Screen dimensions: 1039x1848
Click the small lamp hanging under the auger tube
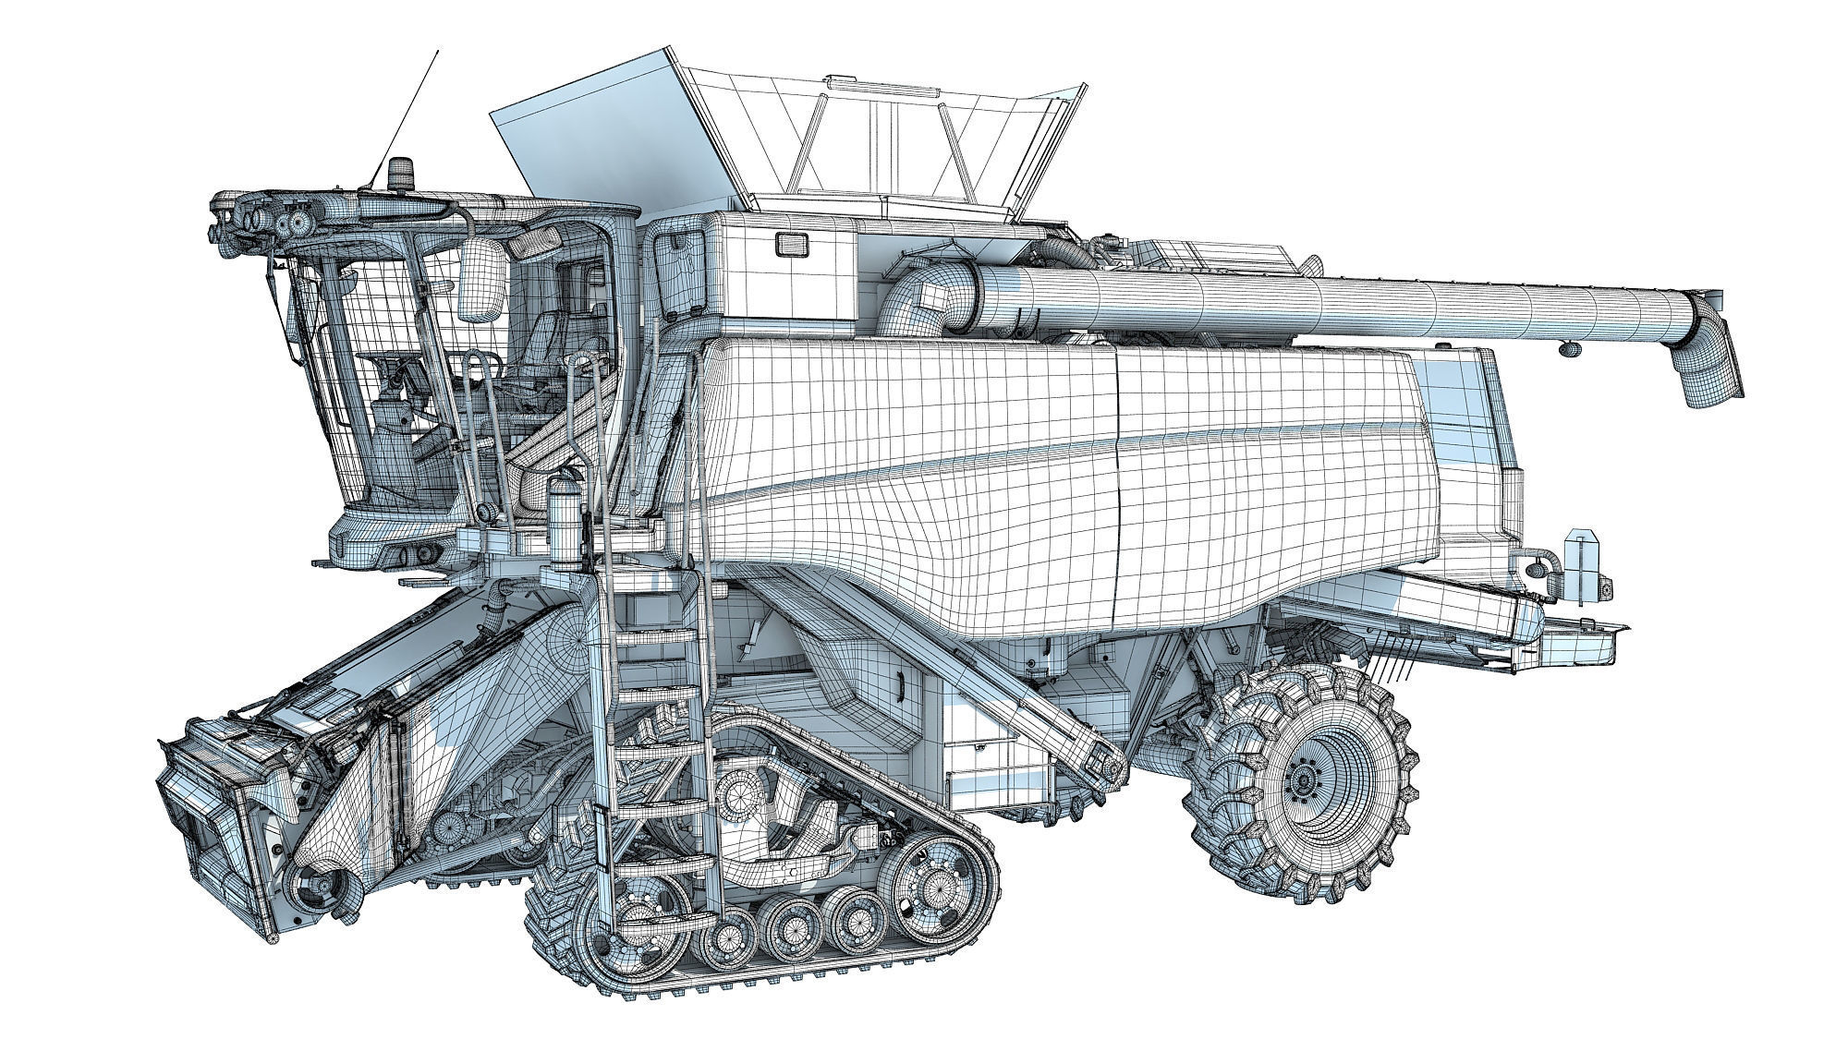coord(1568,348)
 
